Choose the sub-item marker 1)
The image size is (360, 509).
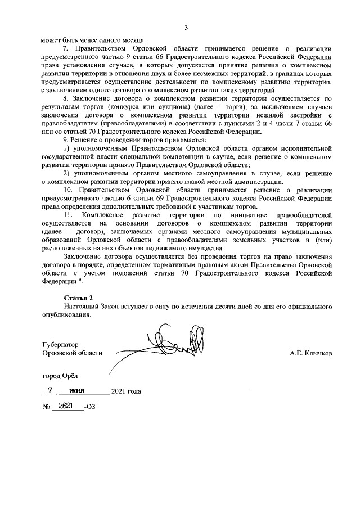point(67,148)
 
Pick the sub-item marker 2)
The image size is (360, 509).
point(67,173)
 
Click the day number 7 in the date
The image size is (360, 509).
point(50,390)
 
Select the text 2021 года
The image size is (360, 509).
point(126,391)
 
